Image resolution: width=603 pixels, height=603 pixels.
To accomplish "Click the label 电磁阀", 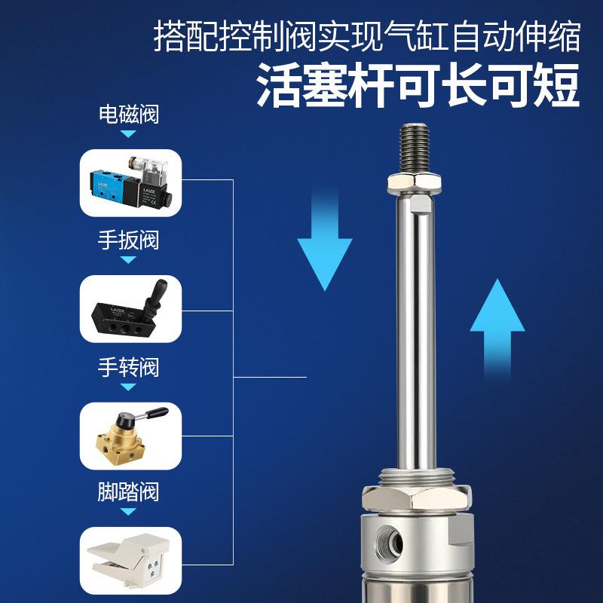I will click(129, 115).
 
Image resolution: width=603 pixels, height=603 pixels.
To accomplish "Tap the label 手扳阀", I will click(129, 241).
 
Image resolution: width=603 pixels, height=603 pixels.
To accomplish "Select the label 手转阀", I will click(129, 368).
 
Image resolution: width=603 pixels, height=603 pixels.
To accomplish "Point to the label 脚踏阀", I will click(129, 493).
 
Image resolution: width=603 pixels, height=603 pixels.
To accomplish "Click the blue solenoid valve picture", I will click(130, 183).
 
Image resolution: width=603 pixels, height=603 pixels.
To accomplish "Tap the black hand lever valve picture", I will click(130, 309).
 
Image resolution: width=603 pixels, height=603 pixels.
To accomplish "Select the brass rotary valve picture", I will click(130, 436).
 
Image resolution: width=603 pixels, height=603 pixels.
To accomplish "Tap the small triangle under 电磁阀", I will click(129, 134).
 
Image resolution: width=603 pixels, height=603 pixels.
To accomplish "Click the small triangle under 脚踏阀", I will click(129, 513).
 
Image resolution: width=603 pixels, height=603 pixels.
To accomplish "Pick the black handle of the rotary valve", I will click(155, 413).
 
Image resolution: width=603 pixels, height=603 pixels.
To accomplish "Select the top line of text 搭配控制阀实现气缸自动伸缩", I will click(367, 35).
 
